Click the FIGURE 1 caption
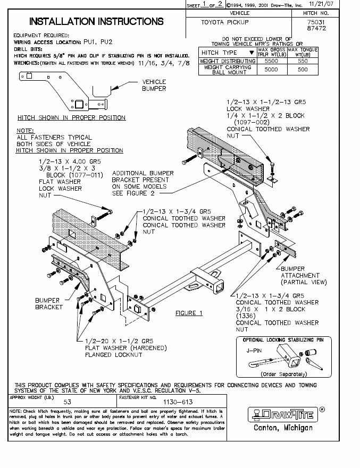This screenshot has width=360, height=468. click(189, 313)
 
